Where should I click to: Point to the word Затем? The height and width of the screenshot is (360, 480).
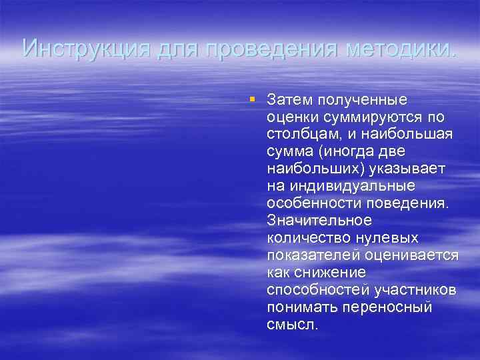(287, 100)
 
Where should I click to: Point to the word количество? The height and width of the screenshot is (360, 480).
(303, 238)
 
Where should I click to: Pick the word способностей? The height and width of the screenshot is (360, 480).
(317, 290)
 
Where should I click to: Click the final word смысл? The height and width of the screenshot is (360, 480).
(291, 325)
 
